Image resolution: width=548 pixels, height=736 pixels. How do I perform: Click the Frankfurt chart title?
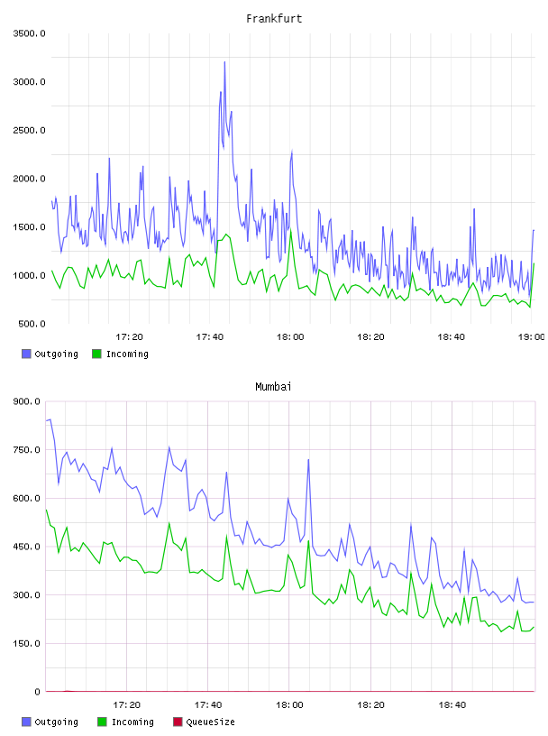click(x=274, y=19)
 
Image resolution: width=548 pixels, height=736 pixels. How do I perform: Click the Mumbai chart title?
click(x=273, y=387)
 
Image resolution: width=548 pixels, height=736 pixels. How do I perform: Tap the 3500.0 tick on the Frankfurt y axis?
click(x=29, y=33)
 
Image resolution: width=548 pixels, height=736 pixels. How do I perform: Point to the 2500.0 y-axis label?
click(x=29, y=130)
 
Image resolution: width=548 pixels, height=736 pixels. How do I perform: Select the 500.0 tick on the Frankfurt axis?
click(x=32, y=324)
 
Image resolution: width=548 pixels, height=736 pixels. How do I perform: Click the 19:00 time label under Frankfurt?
click(x=531, y=337)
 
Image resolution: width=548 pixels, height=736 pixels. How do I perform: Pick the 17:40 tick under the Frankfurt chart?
click(x=210, y=337)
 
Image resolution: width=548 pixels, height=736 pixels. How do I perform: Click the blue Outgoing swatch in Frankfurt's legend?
click(x=26, y=354)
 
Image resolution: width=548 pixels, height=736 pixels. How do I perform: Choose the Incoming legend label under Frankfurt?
click(x=127, y=354)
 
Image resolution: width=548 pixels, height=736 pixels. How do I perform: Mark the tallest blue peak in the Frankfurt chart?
click(x=224, y=62)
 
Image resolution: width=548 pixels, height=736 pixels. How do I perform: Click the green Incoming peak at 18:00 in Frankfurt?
click(x=290, y=229)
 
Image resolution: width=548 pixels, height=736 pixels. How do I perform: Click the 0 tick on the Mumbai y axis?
click(x=37, y=692)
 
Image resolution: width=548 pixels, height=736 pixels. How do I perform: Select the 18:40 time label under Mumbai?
click(x=452, y=705)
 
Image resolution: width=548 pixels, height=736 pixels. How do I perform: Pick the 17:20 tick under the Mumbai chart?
click(x=127, y=705)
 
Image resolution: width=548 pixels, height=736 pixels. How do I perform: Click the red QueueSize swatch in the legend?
click(x=178, y=722)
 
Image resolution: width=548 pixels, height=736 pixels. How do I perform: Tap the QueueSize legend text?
click(x=210, y=722)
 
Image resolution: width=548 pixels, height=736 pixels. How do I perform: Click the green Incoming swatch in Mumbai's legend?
click(x=102, y=722)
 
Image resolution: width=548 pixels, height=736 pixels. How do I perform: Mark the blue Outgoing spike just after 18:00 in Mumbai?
click(x=309, y=460)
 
